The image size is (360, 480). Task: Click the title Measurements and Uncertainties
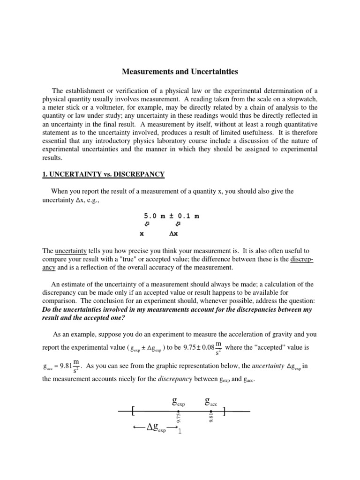pyautogui.click(x=180, y=72)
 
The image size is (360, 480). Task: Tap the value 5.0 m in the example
pyautogui.click(x=154, y=216)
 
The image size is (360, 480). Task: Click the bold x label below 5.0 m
pyautogui.click(x=142, y=233)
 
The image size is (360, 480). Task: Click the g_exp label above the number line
pyautogui.click(x=179, y=401)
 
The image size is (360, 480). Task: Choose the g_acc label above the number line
pyautogui.click(x=211, y=401)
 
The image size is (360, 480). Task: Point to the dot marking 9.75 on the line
pyautogui.click(x=179, y=412)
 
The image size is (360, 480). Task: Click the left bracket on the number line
pyautogui.click(x=134, y=412)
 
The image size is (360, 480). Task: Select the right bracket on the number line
pyautogui.click(x=225, y=412)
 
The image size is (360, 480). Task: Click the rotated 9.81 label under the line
pyautogui.click(x=211, y=419)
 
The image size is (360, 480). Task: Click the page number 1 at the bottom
pyautogui.click(x=180, y=431)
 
